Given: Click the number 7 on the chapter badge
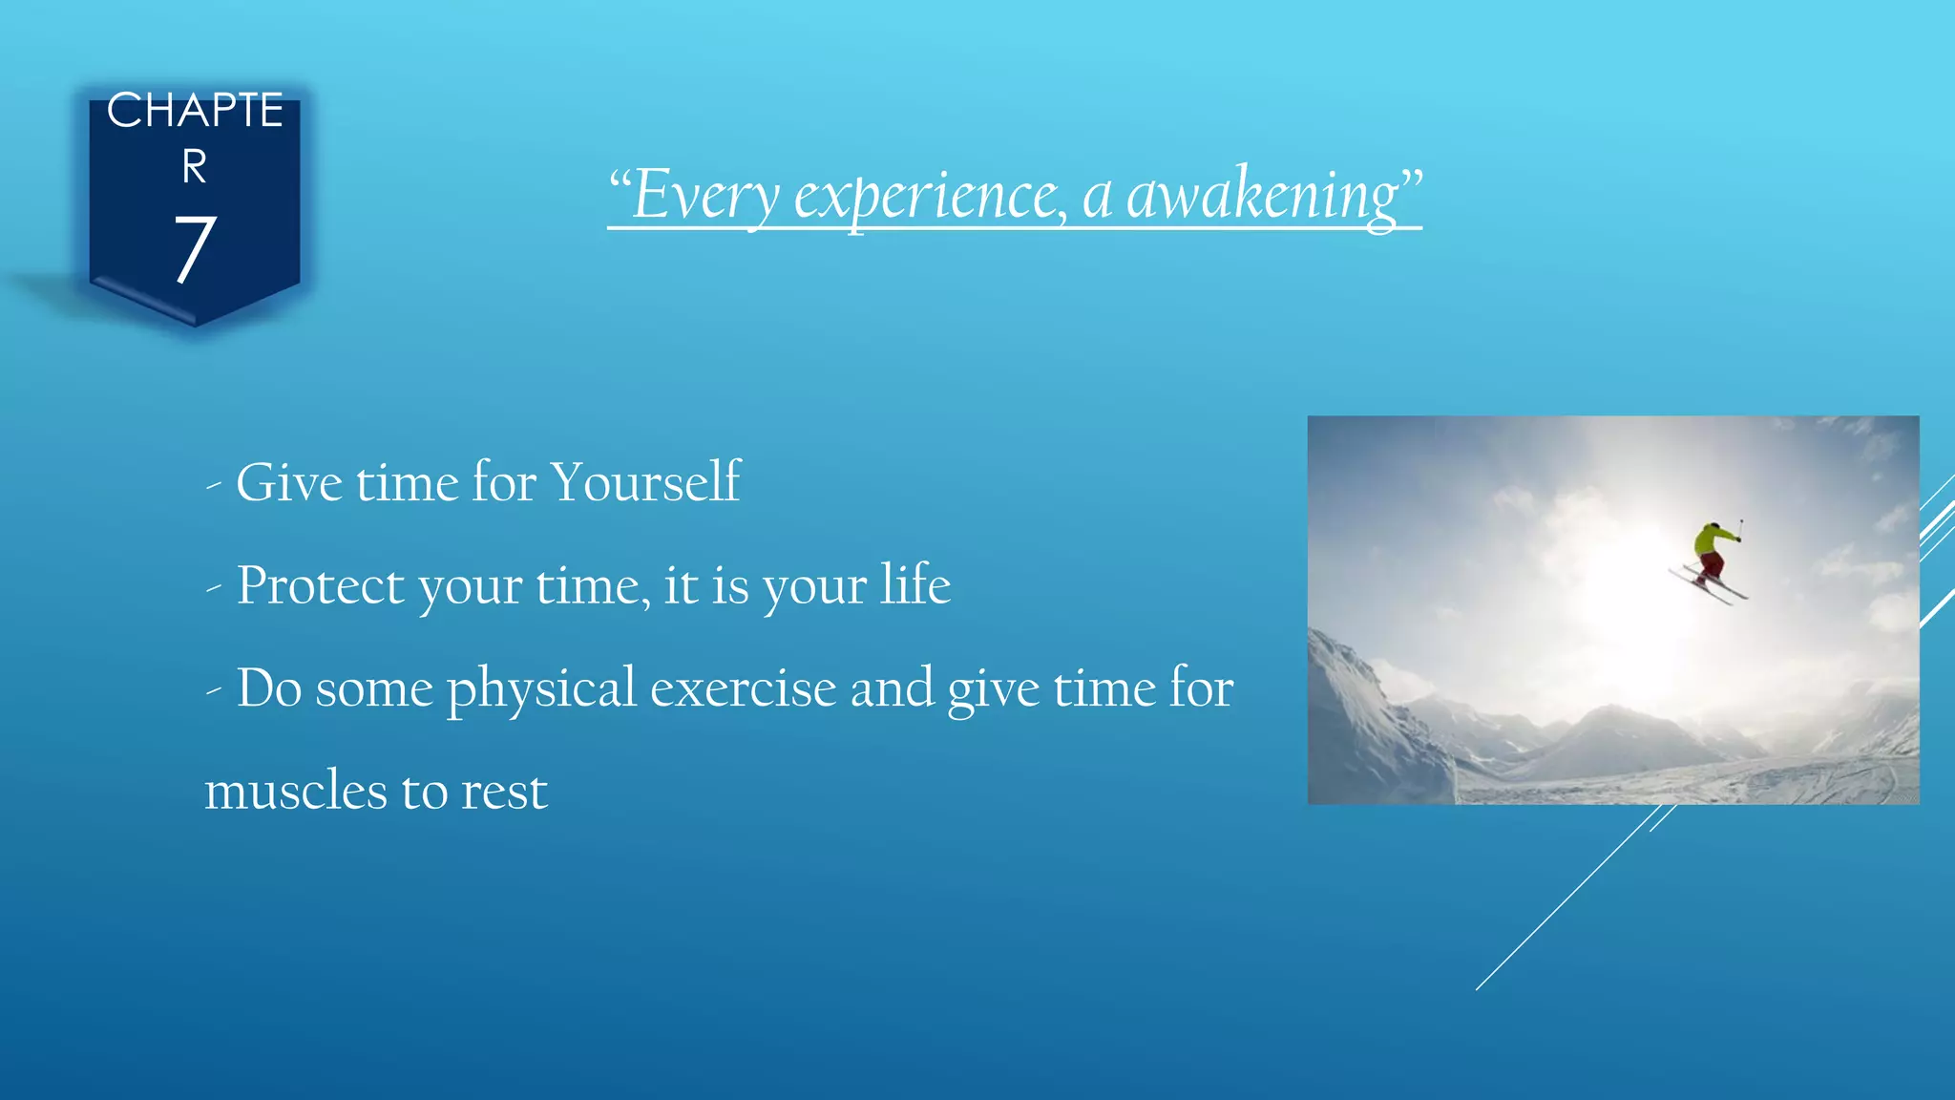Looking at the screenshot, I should [195, 250].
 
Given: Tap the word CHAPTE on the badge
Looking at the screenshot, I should [195, 111].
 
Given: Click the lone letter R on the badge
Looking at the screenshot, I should [195, 168].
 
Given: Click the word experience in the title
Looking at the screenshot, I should [930, 196].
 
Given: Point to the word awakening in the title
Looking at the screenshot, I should [1262, 196].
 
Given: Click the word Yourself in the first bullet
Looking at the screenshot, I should [645, 482].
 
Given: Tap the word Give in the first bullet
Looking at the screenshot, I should [289, 482].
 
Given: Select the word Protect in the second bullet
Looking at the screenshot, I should [320, 585].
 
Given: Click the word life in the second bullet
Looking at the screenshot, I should [914, 584].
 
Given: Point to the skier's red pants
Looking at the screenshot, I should [1711, 566].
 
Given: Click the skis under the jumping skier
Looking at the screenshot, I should [1709, 584].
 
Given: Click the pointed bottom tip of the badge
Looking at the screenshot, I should [195, 323].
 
